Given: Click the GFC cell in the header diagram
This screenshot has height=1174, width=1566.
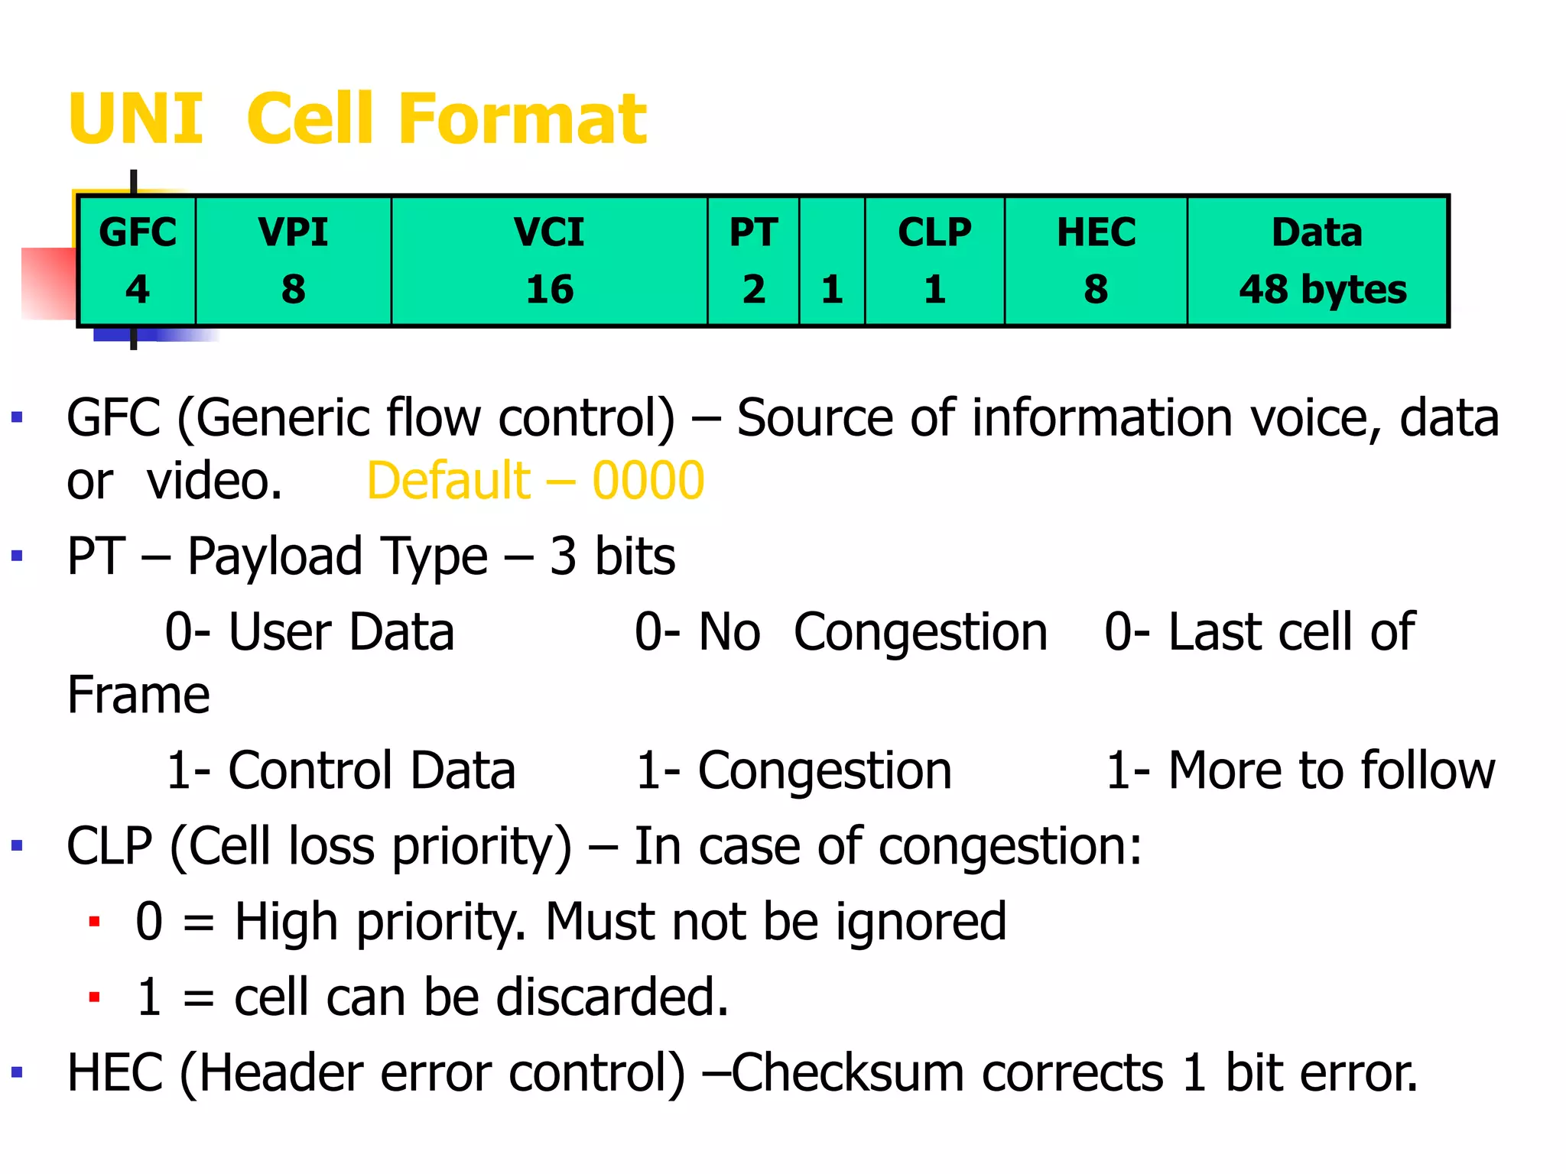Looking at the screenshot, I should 138,261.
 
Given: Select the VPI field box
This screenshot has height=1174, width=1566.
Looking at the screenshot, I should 294,261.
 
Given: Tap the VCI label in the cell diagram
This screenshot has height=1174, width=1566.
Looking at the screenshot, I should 549,232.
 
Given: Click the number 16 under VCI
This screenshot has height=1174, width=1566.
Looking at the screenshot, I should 549,290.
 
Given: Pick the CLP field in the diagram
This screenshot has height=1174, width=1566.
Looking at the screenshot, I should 934,261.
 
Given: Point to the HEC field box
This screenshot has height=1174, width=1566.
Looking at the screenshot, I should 1096,261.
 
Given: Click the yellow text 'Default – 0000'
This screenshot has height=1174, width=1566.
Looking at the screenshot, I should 535,481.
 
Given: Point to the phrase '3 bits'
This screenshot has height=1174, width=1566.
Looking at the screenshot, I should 612,556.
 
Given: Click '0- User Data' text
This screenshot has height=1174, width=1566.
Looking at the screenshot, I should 310,632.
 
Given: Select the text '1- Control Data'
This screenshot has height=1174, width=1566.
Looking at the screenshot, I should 341,770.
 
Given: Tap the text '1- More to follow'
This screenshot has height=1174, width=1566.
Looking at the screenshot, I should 1300,770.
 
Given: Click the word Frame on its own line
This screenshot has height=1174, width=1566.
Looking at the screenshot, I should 138,696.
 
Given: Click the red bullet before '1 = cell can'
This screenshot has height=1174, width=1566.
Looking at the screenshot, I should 94,997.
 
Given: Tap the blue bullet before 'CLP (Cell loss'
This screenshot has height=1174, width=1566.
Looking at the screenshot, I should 17,845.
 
